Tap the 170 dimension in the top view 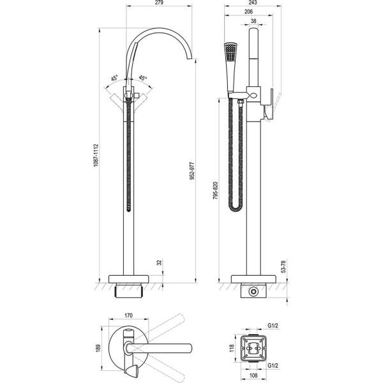coord(128,315)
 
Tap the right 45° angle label coord(143,79)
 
